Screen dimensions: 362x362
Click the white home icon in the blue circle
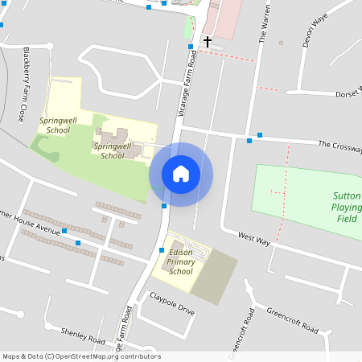coord(181,174)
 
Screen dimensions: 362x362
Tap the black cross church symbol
coord(207,41)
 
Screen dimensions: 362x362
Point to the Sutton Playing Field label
coord(346,207)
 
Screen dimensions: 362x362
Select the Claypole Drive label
coord(172,309)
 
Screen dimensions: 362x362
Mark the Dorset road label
coord(348,93)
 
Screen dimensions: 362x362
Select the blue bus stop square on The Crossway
coord(260,135)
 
